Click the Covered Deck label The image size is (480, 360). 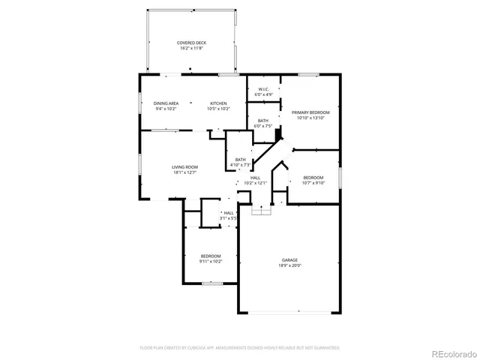pyautogui.click(x=191, y=43)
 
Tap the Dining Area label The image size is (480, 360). pyautogui.click(x=166, y=103)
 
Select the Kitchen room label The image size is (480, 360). pyautogui.click(x=218, y=103)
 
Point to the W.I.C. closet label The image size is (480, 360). pyautogui.click(x=263, y=90)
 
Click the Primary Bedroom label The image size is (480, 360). pyautogui.click(x=310, y=112)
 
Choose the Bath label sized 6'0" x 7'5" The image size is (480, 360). pyautogui.click(x=263, y=121)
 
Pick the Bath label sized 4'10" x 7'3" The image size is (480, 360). pyautogui.click(x=240, y=159)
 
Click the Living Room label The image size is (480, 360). pyautogui.click(x=185, y=167)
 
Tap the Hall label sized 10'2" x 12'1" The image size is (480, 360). pyautogui.click(x=255, y=178)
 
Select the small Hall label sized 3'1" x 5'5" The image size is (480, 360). pyautogui.click(x=229, y=213)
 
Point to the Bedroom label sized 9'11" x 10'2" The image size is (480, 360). pyautogui.click(x=210, y=256)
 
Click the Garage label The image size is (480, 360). pyautogui.click(x=289, y=260)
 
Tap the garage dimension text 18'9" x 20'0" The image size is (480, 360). pyautogui.click(x=289, y=265)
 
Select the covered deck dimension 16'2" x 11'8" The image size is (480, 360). pyautogui.click(x=191, y=48)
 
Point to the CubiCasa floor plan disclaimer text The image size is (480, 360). pyautogui.click(x=240, y=348)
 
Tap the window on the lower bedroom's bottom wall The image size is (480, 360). pyautogui.click(x=211, y=283)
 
